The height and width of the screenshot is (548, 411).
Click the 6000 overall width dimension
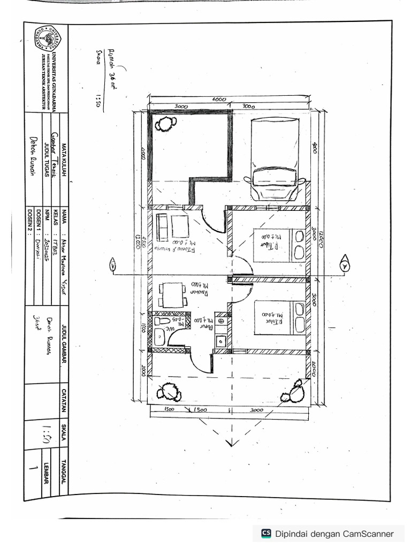coord(219,100)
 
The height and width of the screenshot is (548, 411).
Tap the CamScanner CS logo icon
coord(266,533)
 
